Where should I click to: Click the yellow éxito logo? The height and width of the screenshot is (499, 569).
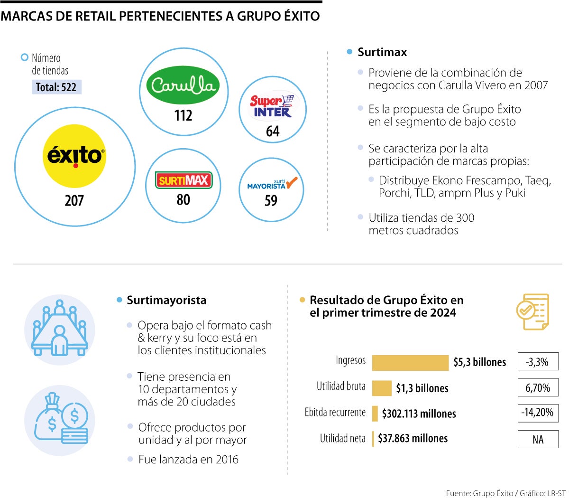click(x=74, y=156)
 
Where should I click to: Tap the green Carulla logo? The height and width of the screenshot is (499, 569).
click(x=183, y=85)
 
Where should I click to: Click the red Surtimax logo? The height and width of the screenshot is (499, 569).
click(x=183, y=180)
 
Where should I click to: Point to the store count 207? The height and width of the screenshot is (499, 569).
click(x=74, y=200)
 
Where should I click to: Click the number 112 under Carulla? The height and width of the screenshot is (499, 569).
click(x=183, y=115)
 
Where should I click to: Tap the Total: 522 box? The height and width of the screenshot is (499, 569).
click(x=56, y=87)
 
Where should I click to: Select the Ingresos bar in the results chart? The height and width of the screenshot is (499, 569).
click(x=410, y=363)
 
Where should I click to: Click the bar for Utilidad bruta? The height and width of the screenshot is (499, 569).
click(x=382, y=388)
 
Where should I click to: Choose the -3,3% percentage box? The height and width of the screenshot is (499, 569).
click(x=538, y=362)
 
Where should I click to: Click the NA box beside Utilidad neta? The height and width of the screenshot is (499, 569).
click(x=538, y=439)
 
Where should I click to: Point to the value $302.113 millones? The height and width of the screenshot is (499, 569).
click(x=419, y=414)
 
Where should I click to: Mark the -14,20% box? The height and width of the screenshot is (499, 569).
click(x=538, y=412)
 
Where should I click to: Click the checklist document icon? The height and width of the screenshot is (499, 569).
click(x=532, y=311)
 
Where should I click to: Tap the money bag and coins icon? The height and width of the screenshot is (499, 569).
click(x=60, y=420)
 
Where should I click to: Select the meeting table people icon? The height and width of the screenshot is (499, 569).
click(x=60, y=329)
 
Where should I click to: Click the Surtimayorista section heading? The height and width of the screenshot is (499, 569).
click(x=166, y=300)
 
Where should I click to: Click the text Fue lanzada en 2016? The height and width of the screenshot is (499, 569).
click(x=188, y=459)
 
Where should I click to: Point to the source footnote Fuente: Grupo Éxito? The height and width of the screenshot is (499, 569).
click(x=479, y=493)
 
